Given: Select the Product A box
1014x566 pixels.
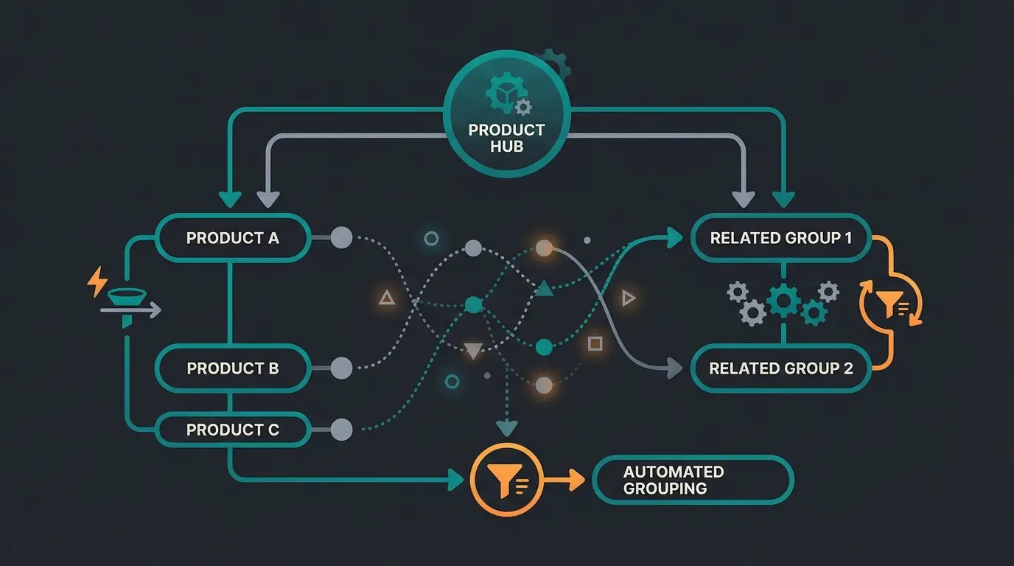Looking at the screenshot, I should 232,238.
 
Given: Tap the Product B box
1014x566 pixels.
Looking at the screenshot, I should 232,368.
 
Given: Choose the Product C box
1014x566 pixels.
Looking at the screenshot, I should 232,430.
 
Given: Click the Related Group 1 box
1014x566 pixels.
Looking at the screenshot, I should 780,238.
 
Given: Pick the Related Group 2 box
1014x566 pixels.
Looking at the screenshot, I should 780,368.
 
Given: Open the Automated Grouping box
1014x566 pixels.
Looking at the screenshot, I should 693,480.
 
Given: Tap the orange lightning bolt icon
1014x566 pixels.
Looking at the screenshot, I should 97,282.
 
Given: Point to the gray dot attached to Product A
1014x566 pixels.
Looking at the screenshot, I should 341,238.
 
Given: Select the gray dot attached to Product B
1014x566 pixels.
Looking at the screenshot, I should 341,368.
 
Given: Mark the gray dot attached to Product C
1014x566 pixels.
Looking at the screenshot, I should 341,430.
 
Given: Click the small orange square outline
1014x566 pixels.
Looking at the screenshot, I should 595,343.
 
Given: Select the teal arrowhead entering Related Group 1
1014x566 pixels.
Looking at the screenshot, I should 674,237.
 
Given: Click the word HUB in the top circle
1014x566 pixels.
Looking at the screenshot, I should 506,146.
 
